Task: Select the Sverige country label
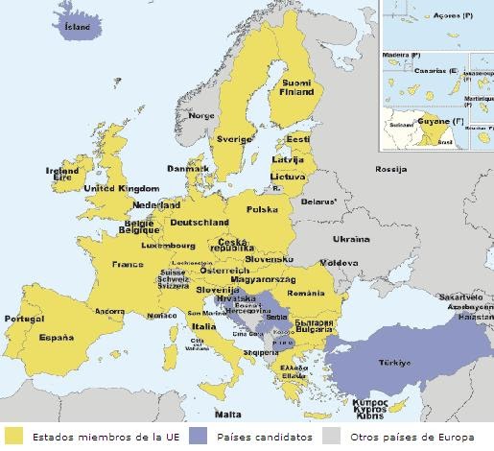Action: pyautogui.click(x=233, y=138)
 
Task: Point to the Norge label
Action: pyautogui.click(x=202, y=115)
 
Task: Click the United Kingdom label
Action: pyautogui.click(x=120, y=189)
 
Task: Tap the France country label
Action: pyautogui.click(x=127, y=264)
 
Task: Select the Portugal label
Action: pyautogui.click(x=24, y=319)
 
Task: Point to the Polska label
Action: pyautogui.click(x=261, y=209)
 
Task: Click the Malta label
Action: pyautogui.click(x=227, y=415)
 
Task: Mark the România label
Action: pyautogui.click(x=306, y=292)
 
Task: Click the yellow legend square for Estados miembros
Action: pyautogui.click(x=13, y=437)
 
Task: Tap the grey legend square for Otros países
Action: pyautogui.click(x=330, y=437)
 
